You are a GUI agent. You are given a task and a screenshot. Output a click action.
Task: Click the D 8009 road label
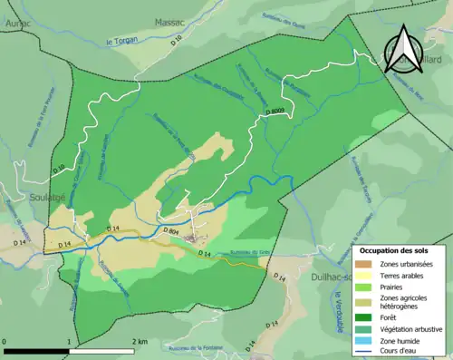pos(281,112)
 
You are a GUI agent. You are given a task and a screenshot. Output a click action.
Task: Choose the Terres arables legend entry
pos(404,274)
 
